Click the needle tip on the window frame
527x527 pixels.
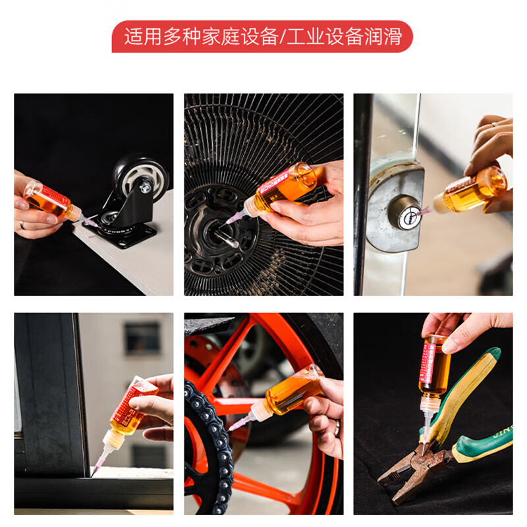[95, 472]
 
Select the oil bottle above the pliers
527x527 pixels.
[435, 366]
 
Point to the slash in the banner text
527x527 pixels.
[283, 36]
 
